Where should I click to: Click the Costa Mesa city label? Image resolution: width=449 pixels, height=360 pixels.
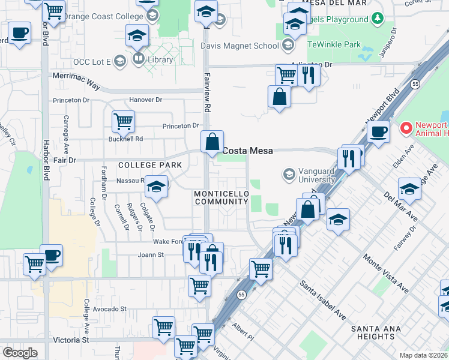(248, 151)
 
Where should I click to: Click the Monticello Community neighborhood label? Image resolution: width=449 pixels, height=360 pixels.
(221, 197)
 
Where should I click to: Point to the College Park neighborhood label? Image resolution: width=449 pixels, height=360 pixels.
(141, 164)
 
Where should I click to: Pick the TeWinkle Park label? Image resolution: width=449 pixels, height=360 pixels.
(334, 44)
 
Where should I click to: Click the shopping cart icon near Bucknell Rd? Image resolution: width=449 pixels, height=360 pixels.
(123, 121)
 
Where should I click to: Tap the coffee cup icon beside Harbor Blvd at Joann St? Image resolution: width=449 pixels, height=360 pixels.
(52, 254)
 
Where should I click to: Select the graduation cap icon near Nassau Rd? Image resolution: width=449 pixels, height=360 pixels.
(156, 187)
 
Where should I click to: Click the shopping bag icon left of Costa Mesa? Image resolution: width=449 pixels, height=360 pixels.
(212, 142)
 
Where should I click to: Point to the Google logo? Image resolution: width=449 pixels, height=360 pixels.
(20, 353)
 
